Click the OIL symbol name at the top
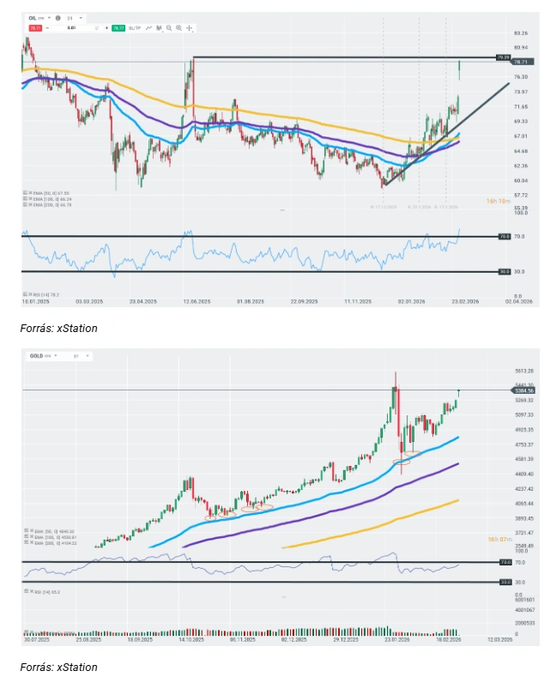[33, 17]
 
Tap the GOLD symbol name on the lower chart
[36, 354]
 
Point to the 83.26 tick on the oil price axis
[520, 32]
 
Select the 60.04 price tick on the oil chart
[520, 180]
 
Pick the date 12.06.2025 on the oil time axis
[197, 302]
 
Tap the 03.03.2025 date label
[89, 302]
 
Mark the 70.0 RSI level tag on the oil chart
[505, 235]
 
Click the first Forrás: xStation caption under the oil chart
[58, 328]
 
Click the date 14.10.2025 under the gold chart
[190, 639]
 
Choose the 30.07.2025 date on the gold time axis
[37, 639]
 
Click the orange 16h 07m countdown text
[499, 538]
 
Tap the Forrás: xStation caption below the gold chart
[58, 667]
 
